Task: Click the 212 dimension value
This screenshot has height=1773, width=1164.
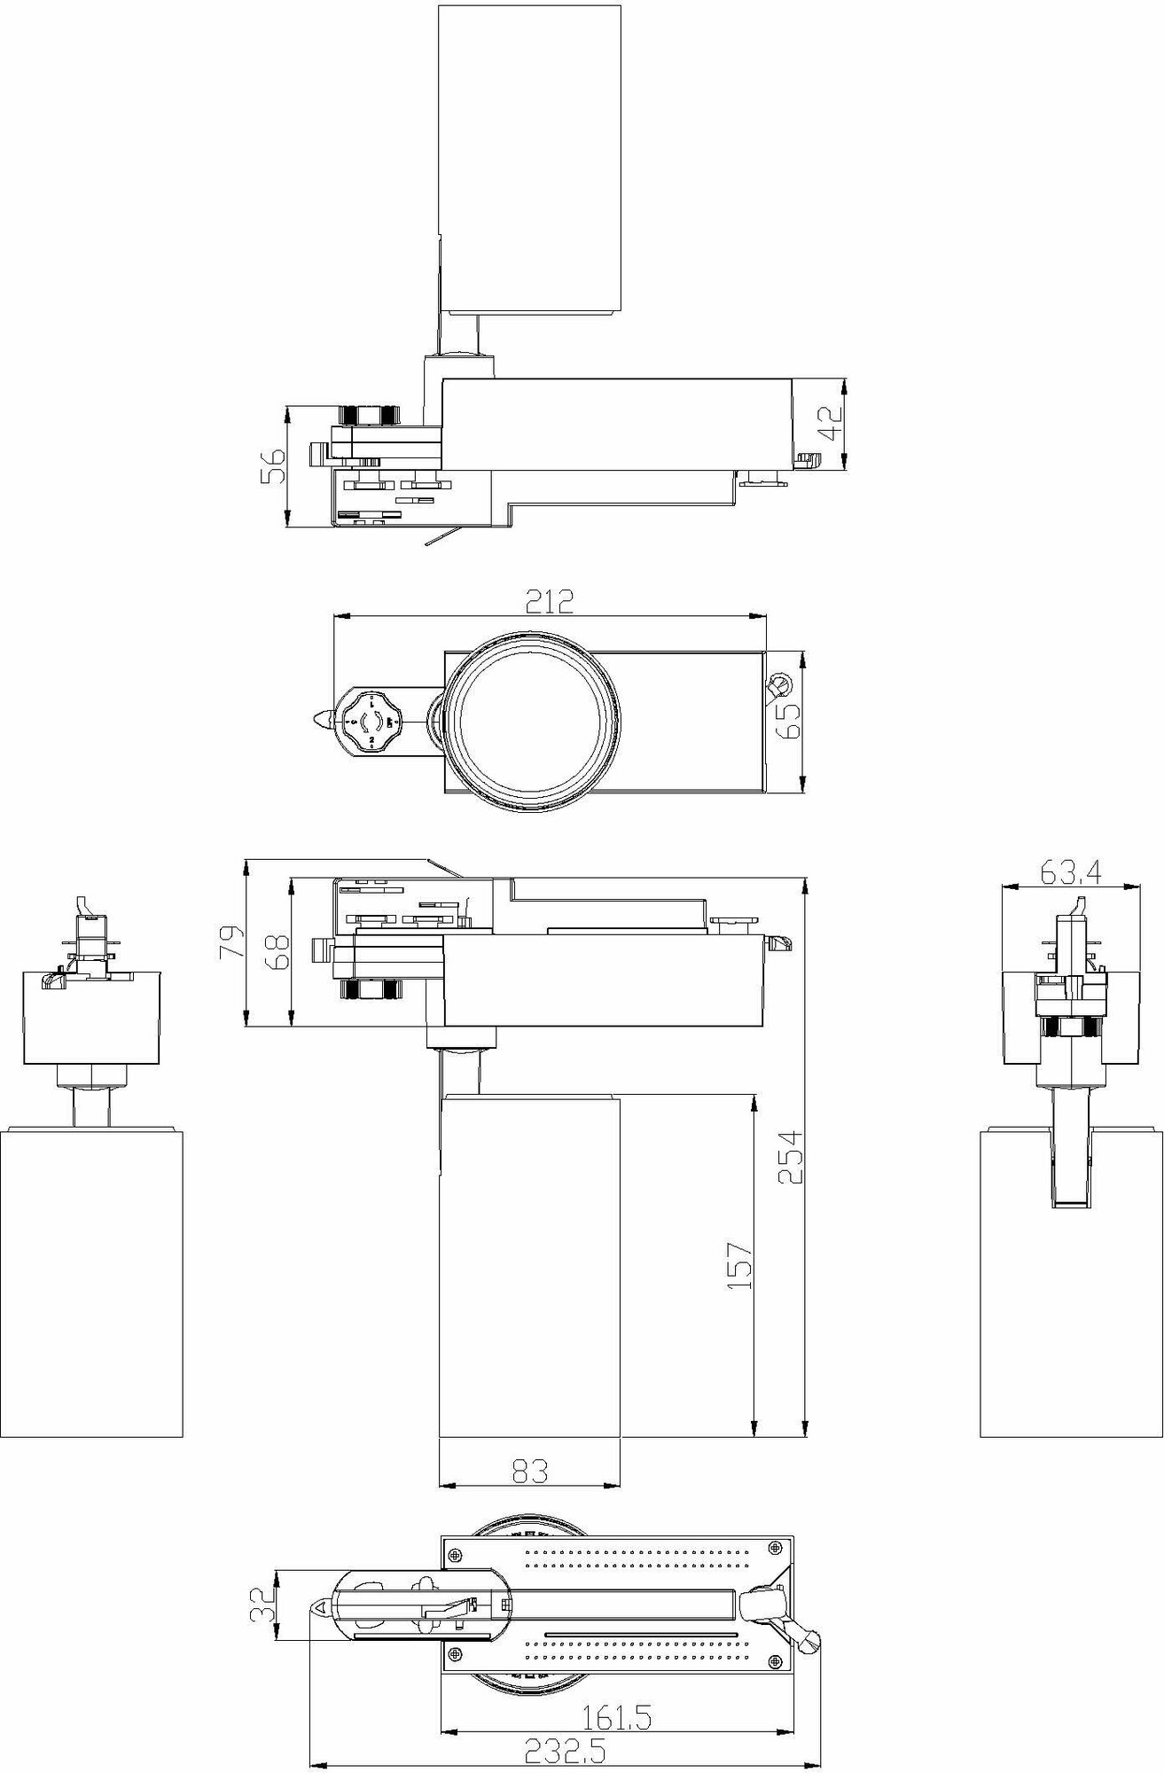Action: click(x=550, y=602)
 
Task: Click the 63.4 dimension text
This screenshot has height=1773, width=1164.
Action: click(x=1070, y=874)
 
